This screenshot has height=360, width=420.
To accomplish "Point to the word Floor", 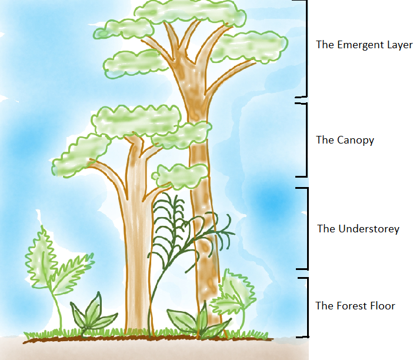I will pos(382,306).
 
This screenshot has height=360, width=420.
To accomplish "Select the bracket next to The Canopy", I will pos(305,140).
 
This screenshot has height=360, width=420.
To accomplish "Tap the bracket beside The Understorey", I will pos(305,228).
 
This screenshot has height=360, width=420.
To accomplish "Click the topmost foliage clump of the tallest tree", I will pos(189,11).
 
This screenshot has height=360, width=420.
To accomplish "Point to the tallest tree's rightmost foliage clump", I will pos(249,46).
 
